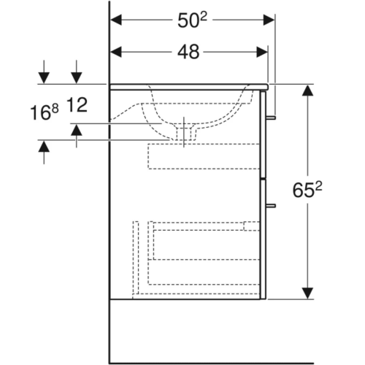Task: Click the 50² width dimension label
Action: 192,20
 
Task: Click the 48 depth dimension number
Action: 188,52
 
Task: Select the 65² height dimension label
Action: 307,190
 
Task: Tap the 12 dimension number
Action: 77,105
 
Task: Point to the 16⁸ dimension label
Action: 45,112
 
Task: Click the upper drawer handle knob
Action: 271,118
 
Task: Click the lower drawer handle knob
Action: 271,206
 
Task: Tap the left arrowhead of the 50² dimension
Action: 116,20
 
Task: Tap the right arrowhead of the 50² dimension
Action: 269,20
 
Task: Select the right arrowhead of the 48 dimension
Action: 262,52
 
